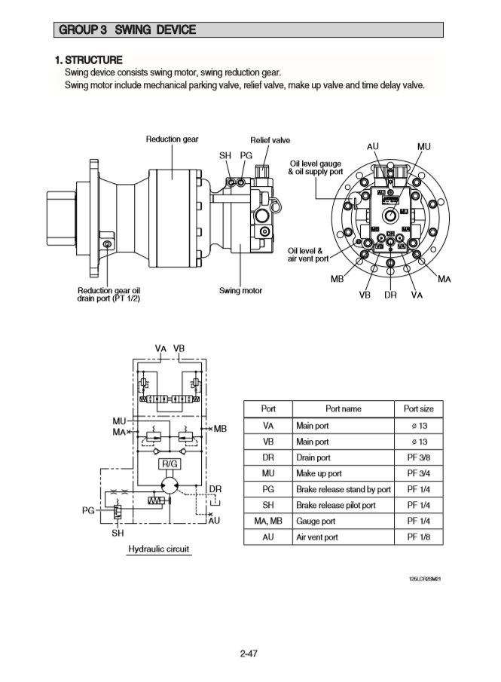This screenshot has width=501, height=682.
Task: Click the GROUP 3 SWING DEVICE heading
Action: point(126,30)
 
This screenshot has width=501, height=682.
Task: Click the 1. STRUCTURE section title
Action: point(88,60)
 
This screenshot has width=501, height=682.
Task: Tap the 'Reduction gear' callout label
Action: point(173,139)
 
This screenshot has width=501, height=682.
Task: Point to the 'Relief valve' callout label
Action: point(270,140)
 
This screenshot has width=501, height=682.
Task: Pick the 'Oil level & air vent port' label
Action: point(308,255)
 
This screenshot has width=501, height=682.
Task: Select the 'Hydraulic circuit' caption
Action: point(158,549)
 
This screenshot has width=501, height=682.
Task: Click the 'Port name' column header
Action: point(343,408)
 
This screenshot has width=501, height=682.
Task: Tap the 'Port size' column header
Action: point(418,408)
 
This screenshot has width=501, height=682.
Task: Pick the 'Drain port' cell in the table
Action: point(313,457)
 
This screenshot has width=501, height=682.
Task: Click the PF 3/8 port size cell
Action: point(418,457)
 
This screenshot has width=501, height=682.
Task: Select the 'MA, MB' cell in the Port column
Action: point(267,521)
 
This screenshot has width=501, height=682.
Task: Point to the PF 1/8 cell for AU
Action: point(418,537)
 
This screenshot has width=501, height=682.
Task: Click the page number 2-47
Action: point(249,653)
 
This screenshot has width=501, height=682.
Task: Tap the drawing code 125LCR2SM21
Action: point(424,580)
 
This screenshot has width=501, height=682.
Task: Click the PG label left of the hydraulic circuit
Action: point(89,510)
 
